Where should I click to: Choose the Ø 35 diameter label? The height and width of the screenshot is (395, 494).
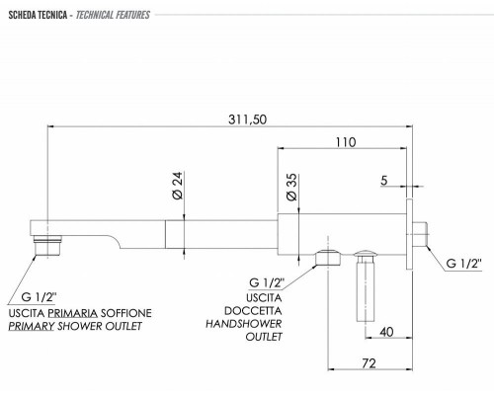coord(290,185)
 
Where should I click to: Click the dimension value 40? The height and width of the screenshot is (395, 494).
coord(385,332)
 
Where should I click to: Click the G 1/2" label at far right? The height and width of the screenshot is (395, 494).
coord(462,264)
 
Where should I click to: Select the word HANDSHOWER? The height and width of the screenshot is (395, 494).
coord(246,324)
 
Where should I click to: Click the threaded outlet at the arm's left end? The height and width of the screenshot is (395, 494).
coord(45,244)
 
